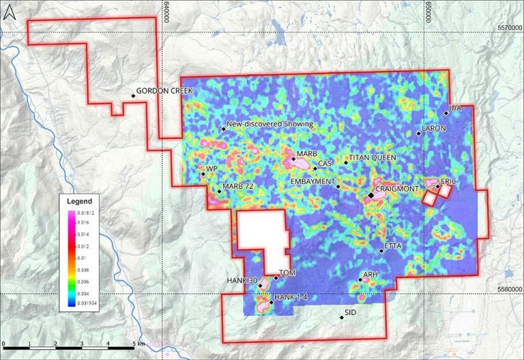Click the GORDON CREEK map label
[165, 91]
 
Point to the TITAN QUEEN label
[373, 158]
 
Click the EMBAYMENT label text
[312, 182]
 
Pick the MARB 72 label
[238, 187]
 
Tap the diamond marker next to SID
[342, 317]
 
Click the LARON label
[434, 128]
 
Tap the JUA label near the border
[456, 108]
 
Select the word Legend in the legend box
[79, 202]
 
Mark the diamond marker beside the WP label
[203, 175]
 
